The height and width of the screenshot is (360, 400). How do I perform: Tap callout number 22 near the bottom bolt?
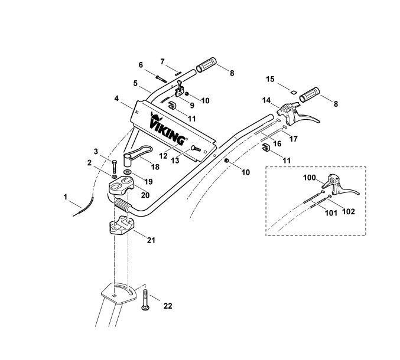click(168, 306)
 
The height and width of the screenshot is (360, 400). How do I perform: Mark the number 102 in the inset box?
click(348, 211)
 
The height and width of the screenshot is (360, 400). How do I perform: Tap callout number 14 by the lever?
click(267, 100)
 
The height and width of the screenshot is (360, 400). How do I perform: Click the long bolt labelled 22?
click(145, 302)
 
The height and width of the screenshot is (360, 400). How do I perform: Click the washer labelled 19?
click(128, 175)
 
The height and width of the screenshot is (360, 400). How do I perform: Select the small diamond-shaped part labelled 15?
click(291, 91)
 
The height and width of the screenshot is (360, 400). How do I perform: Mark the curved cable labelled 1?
click(86, 207)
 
